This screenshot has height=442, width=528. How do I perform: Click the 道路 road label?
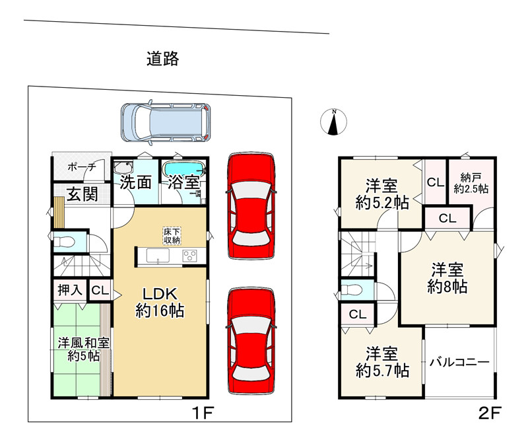[x=162, y=59]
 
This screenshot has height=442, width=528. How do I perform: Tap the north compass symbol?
[x=333, y=122]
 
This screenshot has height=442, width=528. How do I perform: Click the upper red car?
[x=250, y=205]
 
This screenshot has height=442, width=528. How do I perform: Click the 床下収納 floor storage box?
[x=172, y=235]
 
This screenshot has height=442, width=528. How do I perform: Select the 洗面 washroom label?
[x=136, y=183]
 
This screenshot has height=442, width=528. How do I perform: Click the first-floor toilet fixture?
[x=63, y=241]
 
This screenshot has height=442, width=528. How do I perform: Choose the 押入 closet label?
[x=69, y=289]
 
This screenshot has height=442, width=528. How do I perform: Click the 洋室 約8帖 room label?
[x=447, y=278]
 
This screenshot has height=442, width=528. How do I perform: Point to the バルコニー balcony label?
[x=459, y=362]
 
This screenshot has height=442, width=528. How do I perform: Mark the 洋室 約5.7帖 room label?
[x=381, y=362]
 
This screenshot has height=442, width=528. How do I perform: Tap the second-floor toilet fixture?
[x=350, y=290]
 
